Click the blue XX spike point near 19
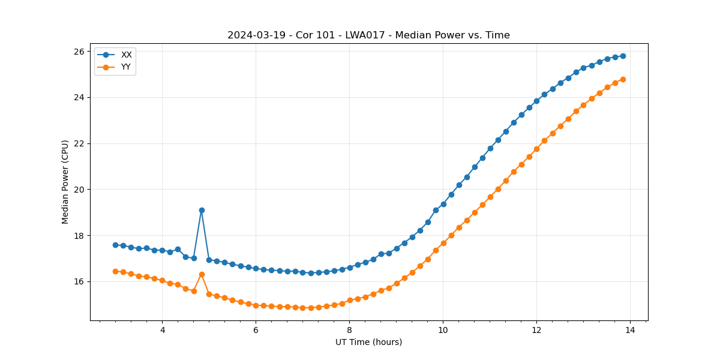(202, 210)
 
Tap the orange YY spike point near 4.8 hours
(202, 274)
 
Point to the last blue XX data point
(623, 56)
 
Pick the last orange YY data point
(623, 79)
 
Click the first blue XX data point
(115, 245)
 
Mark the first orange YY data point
(115, 271)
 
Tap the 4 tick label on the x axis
(162, 330)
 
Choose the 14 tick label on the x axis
(630, 330)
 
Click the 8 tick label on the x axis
(349, 330)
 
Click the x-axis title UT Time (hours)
(368, 342)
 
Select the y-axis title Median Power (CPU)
(65, 182)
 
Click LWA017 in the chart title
(364, 35)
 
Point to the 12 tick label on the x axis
(536, 330)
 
